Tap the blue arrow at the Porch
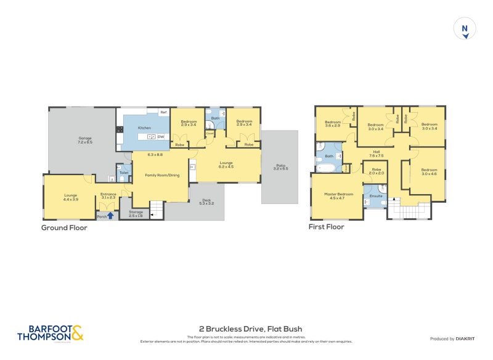pyautogui.click(x=110, y=216)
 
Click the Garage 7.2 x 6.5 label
pyautogui.click(x=85, y=140)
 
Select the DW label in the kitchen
pyautogui.click(x=160, y=136)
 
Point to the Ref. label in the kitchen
pyautogui.click(x=163, y=113)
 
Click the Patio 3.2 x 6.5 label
pyautogui.click(x=281, y=166)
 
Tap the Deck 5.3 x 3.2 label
pyautogui.click(x=206, y=202)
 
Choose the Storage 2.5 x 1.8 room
pyautogui.click(x=136, y=214)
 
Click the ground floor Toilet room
pyautogui.click(x=123, y=173)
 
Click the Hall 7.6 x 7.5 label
pyautogui.click(x=376, y=154)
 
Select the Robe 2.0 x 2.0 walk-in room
pyautogui.click(x=377, y=172)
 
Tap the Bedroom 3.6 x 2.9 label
pyautogui.click(x=333, y=123)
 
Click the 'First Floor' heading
pyautogui.click(x=326, y=227)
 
